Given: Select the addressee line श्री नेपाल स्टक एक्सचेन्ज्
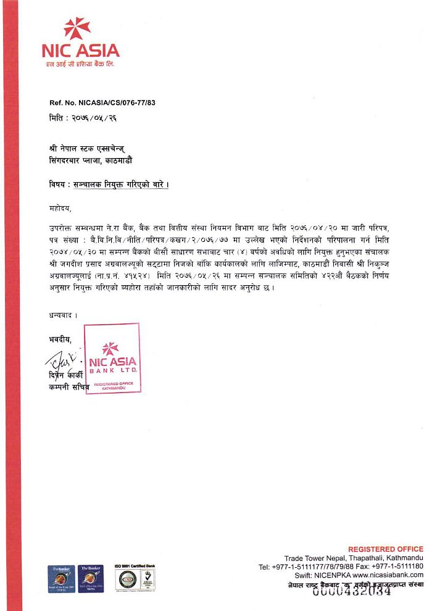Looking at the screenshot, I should pos(89,149).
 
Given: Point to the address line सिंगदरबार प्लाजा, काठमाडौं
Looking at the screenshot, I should pos(90,160).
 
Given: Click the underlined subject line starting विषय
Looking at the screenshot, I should pos(109,185).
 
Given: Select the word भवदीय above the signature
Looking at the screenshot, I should pos(60,339).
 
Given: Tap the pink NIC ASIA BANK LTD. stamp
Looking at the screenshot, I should pos(112,359).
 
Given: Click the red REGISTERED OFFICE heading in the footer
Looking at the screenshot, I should pos(386,549).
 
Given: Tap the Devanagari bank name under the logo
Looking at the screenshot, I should pos(79,64).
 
